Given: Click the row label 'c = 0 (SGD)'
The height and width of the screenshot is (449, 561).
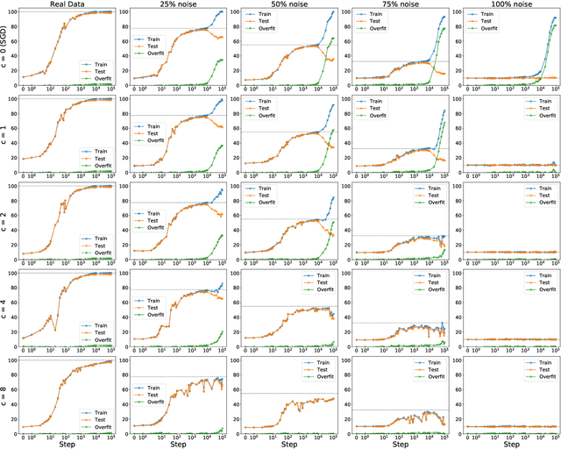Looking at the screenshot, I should tap(5, 48).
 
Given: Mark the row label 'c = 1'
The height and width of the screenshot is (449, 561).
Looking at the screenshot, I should tap(5, 135).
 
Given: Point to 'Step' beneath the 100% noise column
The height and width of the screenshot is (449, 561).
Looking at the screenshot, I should tap(501, 444).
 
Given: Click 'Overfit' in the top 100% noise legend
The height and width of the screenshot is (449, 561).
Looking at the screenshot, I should tap(539, 40).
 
